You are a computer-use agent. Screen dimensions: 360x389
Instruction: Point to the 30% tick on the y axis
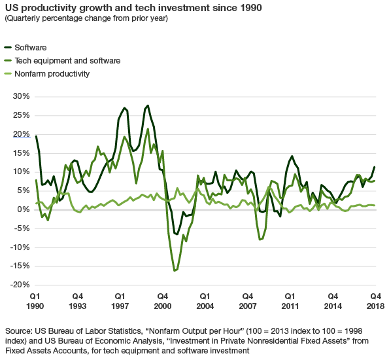21,96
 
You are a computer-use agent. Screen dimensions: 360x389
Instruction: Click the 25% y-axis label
21,115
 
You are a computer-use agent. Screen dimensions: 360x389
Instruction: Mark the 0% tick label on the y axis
23,209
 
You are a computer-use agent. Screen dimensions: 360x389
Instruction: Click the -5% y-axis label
22,228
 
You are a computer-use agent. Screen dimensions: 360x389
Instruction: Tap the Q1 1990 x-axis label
36,301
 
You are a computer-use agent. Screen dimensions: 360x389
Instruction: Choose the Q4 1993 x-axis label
78,301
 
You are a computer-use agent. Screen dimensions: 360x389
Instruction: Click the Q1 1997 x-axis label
121,301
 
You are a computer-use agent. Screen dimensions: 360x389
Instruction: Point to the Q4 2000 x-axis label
163,301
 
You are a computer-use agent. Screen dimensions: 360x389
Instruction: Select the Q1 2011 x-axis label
289,301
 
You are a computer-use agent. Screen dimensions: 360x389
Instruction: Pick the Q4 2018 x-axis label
375,301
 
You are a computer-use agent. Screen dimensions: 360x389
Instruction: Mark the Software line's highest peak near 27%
148,105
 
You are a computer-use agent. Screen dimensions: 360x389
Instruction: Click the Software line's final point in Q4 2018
375,167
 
